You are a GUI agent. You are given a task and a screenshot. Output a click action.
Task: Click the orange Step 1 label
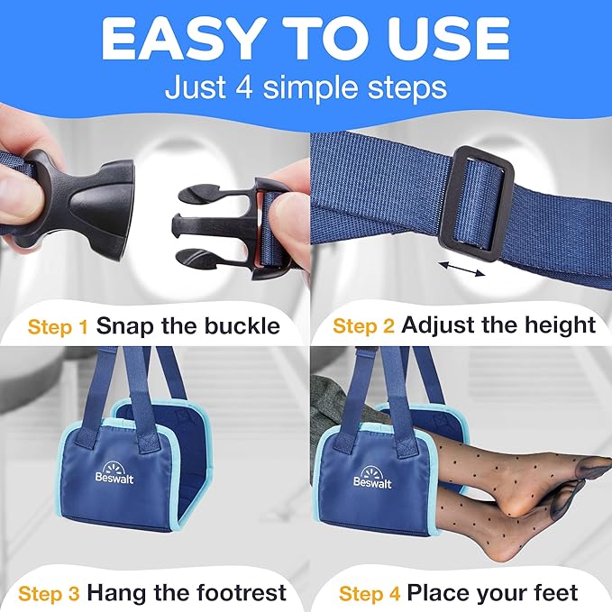59,324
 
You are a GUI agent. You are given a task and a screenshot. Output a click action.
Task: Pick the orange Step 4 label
370,592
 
